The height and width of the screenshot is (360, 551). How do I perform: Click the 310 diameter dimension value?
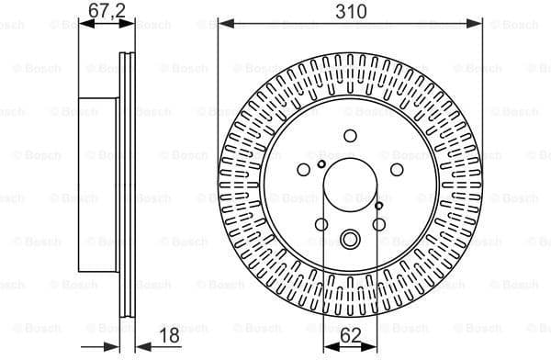click(350, 11)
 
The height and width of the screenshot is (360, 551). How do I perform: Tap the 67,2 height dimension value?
click(107, 11)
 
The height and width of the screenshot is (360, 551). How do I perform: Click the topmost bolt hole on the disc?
click(350, 136)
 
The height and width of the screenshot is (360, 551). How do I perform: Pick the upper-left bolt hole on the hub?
click(304, 170)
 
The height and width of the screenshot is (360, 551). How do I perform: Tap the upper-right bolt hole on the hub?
click(396, 170)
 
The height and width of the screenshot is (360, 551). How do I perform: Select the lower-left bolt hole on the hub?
click(320, 223)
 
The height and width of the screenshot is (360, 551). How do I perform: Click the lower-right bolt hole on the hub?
click(378, 223)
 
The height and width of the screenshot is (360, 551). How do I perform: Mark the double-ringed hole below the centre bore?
click(350, 241)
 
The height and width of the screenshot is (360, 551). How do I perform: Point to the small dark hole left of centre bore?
click(320, 164)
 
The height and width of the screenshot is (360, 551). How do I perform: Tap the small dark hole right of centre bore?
click(379, 207)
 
